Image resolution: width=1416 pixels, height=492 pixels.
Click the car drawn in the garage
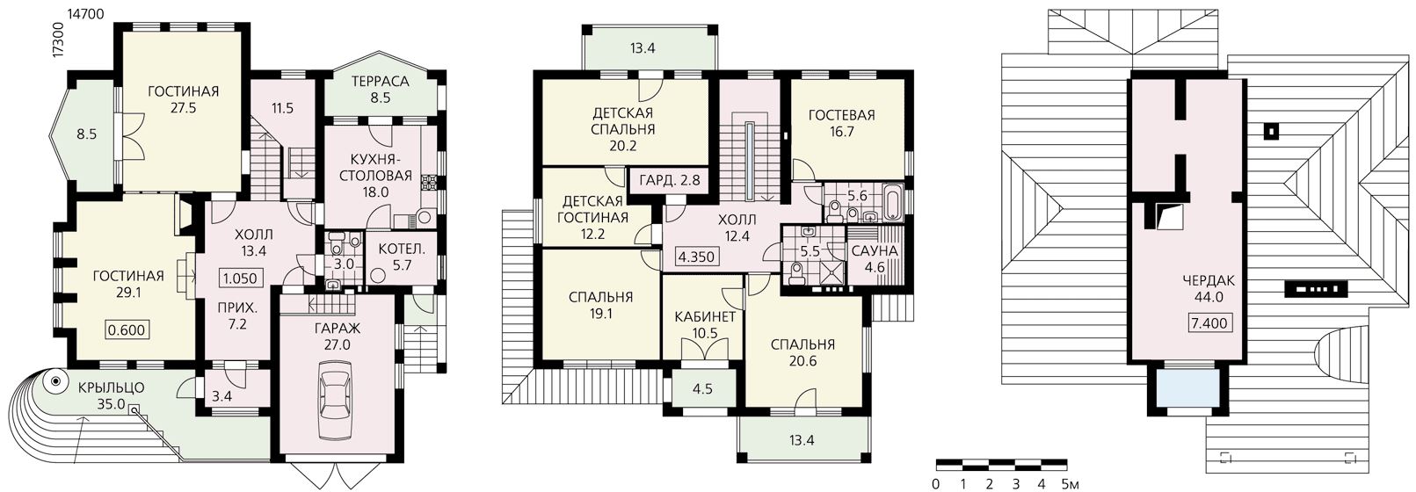pyautogui.click(x=338, y=400)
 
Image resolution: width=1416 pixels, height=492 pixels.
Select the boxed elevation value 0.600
pyautogui.click(x=127, y=329)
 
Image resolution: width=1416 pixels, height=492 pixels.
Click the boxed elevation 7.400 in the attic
pyautogui.click(x=1209, y=324)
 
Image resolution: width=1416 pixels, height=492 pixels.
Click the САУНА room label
pyautogui.click(x=875, y=250)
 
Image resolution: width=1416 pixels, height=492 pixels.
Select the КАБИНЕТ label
pyautogui.click(x=705, y=316)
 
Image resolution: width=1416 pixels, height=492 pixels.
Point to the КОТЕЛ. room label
pyautogui.click(x=402, y=250)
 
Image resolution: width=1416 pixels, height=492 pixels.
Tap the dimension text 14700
pyautogui.click(x=83, y=12)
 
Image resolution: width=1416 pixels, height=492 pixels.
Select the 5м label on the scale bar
pyautogui.click(x=1071, y=485)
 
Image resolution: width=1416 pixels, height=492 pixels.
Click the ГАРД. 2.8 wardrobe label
pyautogui.click(x=670, y=179)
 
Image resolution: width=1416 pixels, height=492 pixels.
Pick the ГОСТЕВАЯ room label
pyautogui.click(x=841, y=115)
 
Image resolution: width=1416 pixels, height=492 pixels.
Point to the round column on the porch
pyautogui.click(x=56, y=380)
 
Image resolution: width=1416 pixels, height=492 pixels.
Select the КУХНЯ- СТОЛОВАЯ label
pyautogui.click(x=375, y=167)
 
